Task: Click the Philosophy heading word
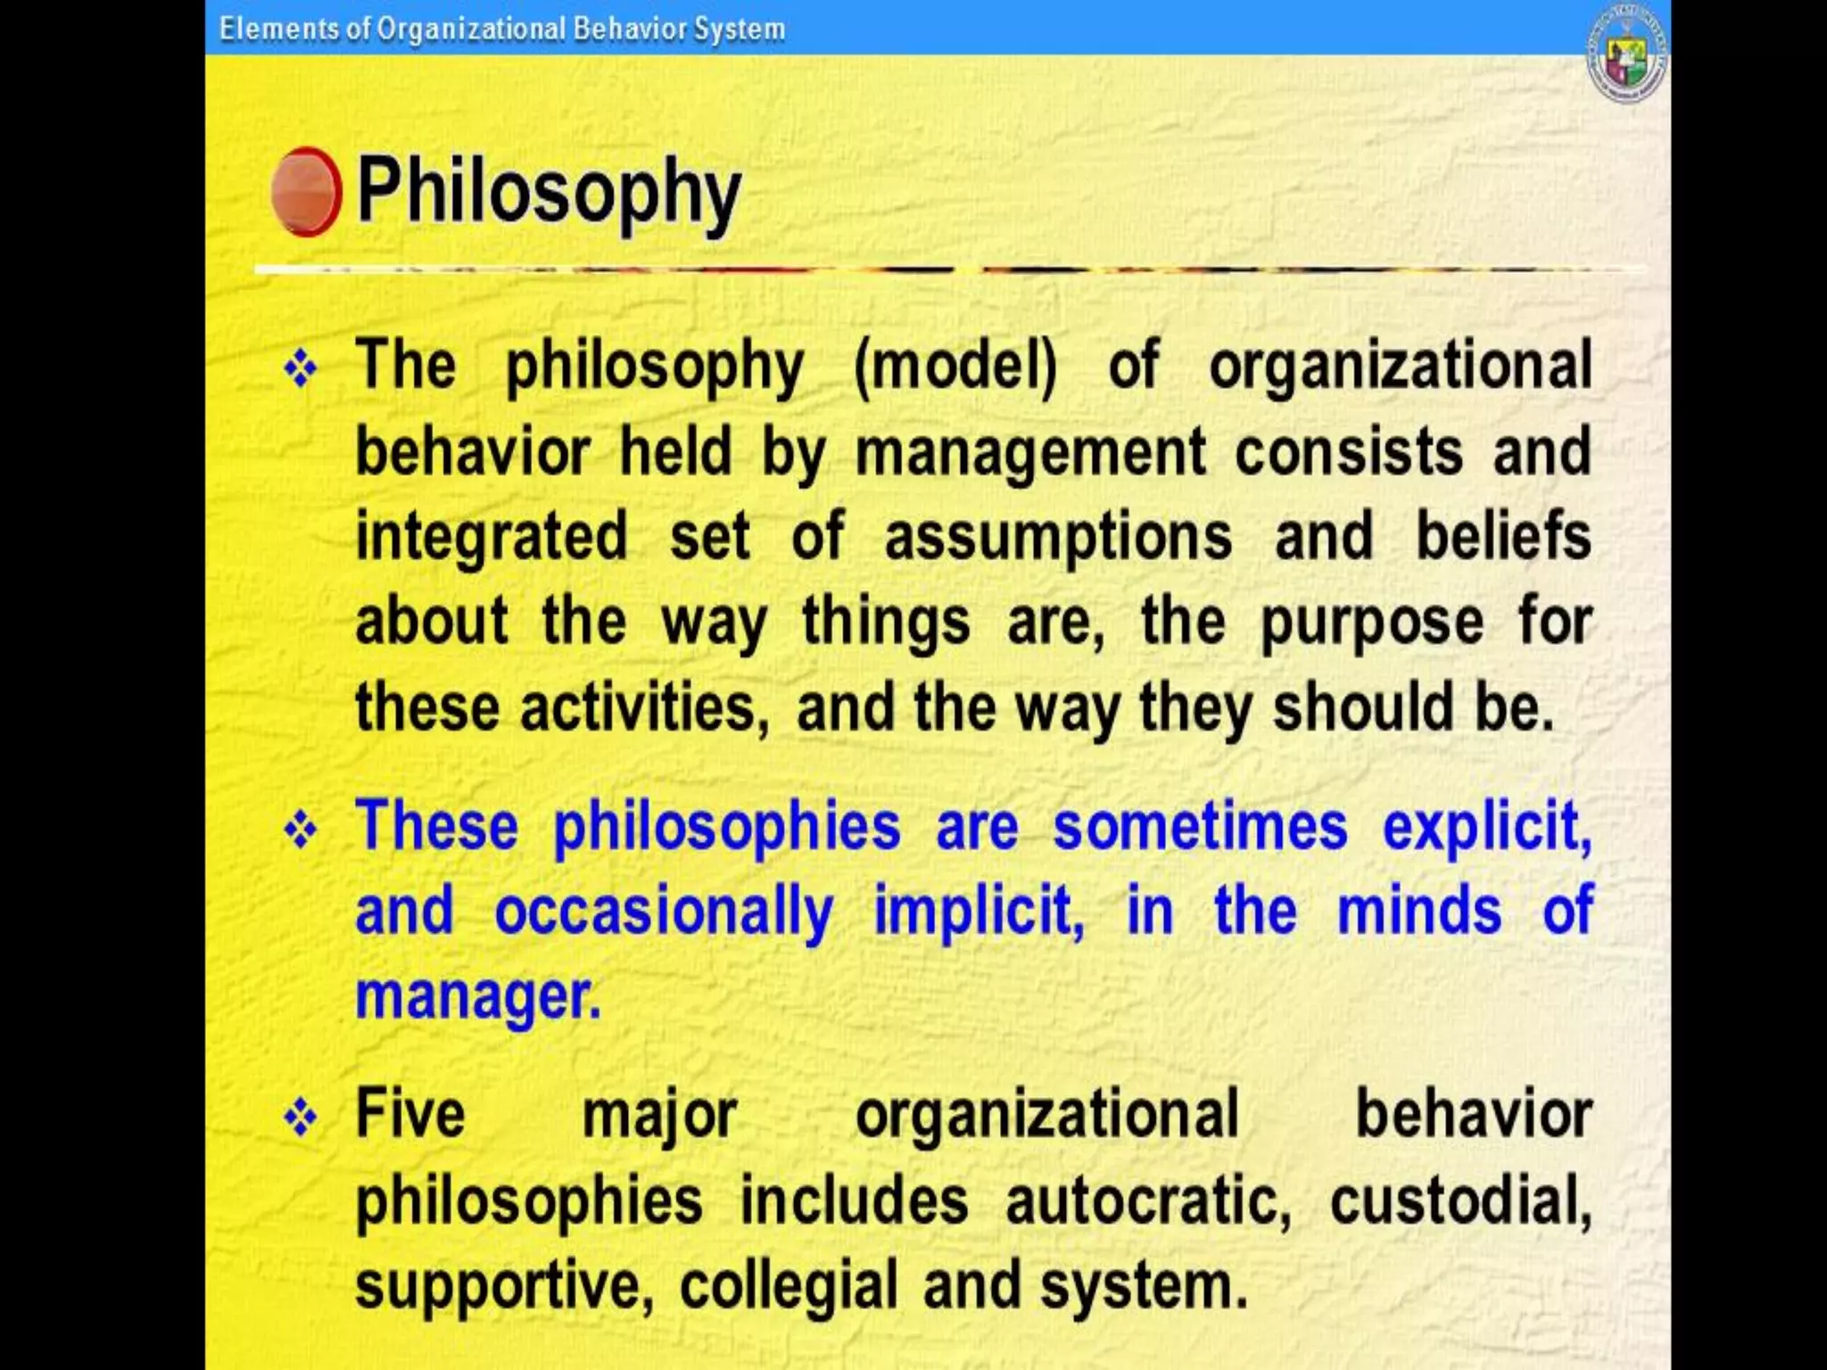(x=548, y=192)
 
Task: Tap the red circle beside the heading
(x=306, y=192)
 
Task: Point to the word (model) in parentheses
(x=955, y=366)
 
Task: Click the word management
(x=1030, y=451)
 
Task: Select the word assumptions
(x=1058, y=536)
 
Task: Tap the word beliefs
(x=1503, y=536)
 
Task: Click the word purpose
(x=1372, y=623)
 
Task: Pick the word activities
(x=644, y=707)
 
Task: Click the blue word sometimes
(x=1200, y=826)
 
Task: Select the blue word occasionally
(x=665, y=912)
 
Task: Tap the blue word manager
(x=478, y=996)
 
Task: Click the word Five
(x=410, y=1114)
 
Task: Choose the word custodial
(x=1460, y=1201)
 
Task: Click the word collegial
(x=789, y=1286)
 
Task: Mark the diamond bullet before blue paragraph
(x=301, y=830)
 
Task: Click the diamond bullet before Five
(x=301, y=1118)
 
